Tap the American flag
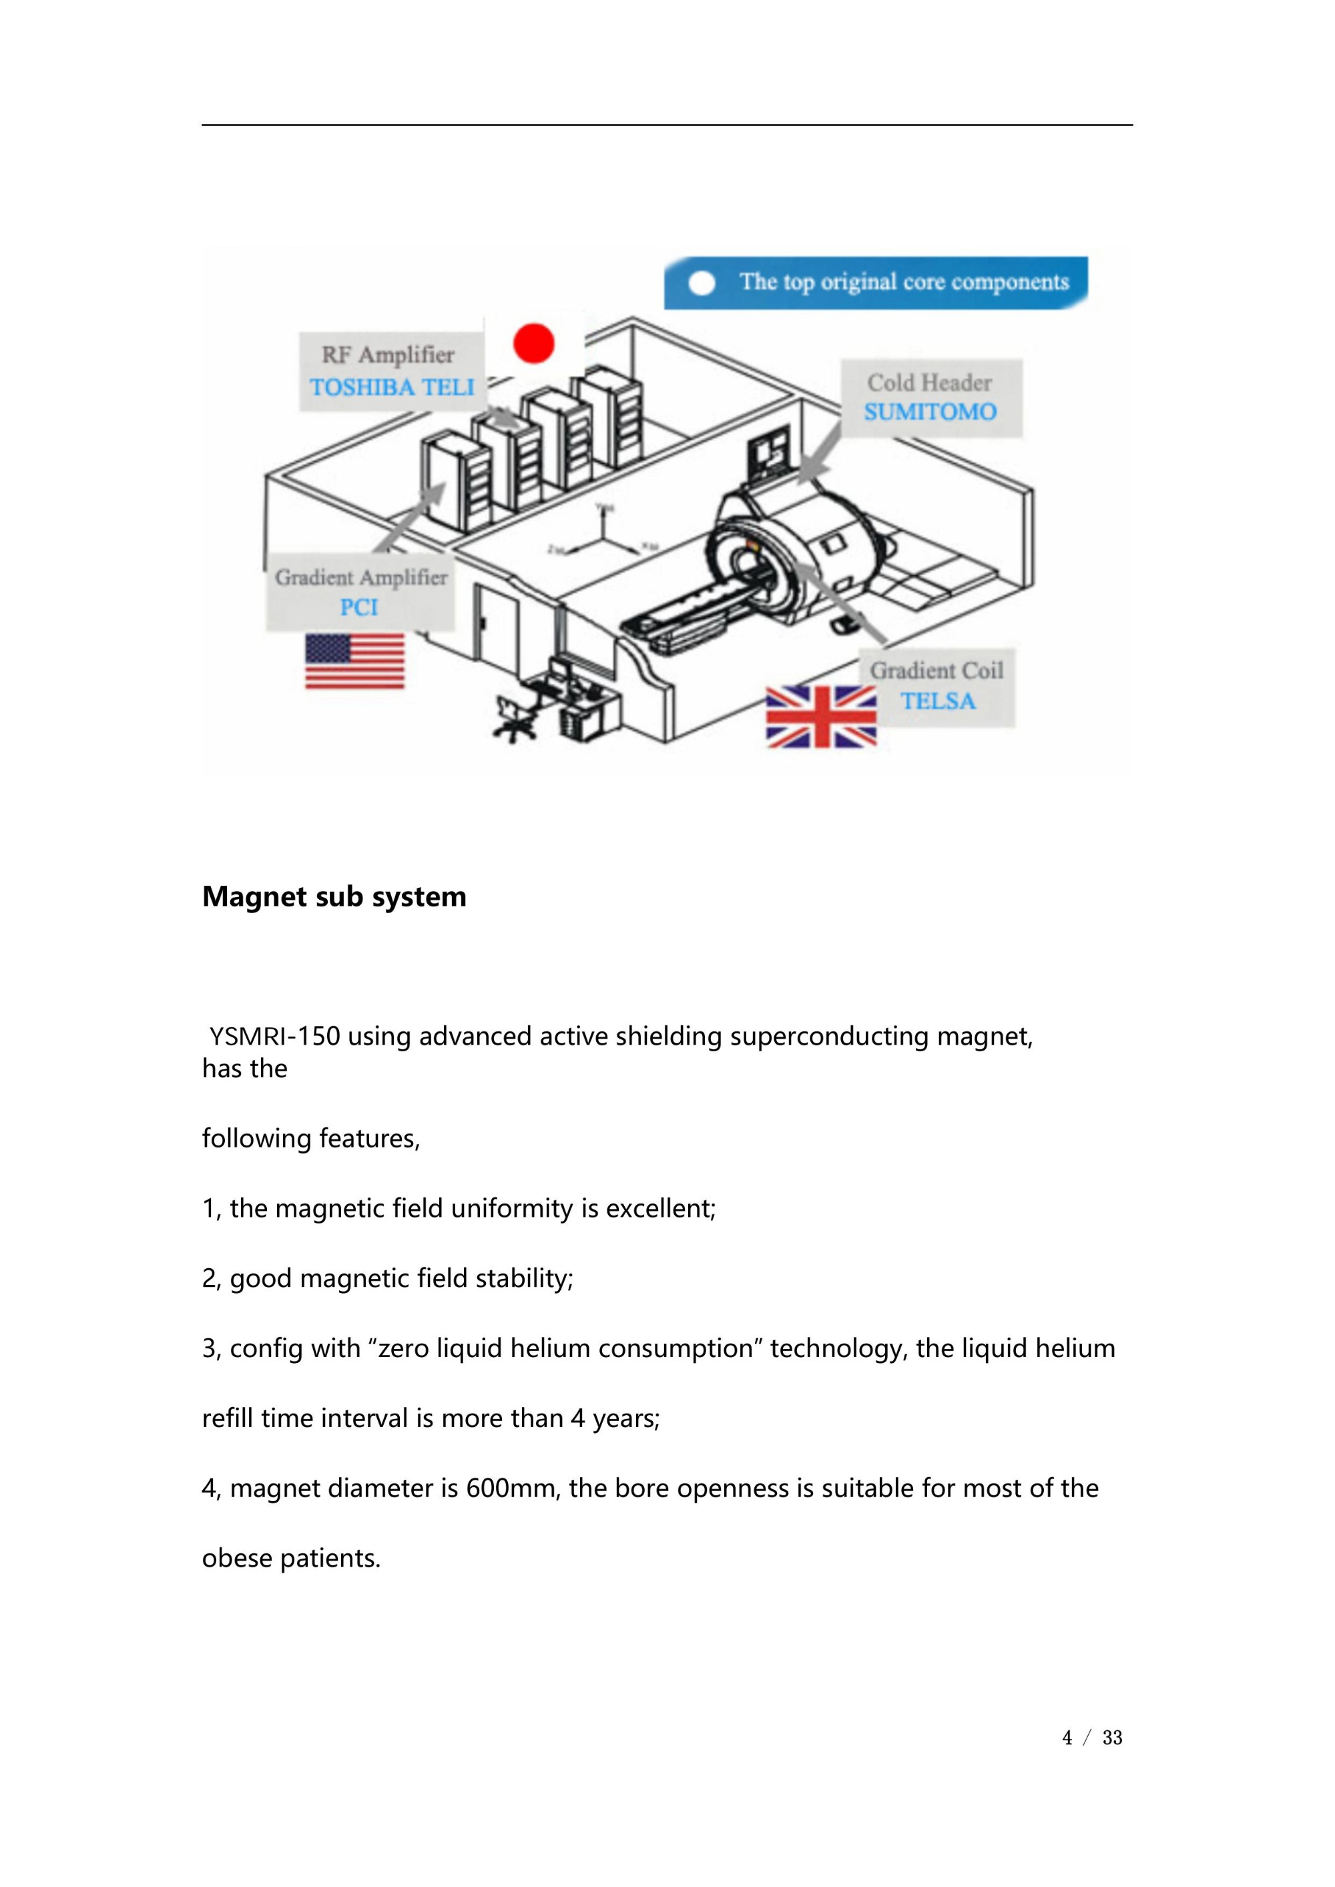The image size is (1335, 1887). coord(354,661)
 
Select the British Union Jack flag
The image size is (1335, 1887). coord(820,718)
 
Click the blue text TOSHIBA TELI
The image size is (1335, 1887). coord(392,387)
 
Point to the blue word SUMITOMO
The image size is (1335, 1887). coord(930,412)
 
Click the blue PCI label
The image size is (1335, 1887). coord(359,607)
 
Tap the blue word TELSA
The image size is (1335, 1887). coord(938,701)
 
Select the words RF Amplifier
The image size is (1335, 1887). coord(387,355)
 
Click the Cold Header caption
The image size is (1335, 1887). coord(929,383)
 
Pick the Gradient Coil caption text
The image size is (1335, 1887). coord(937,671)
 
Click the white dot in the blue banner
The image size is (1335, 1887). coord(701,283)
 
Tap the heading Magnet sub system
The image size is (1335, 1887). coord(334,896)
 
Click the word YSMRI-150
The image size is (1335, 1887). coord(274,1037)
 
